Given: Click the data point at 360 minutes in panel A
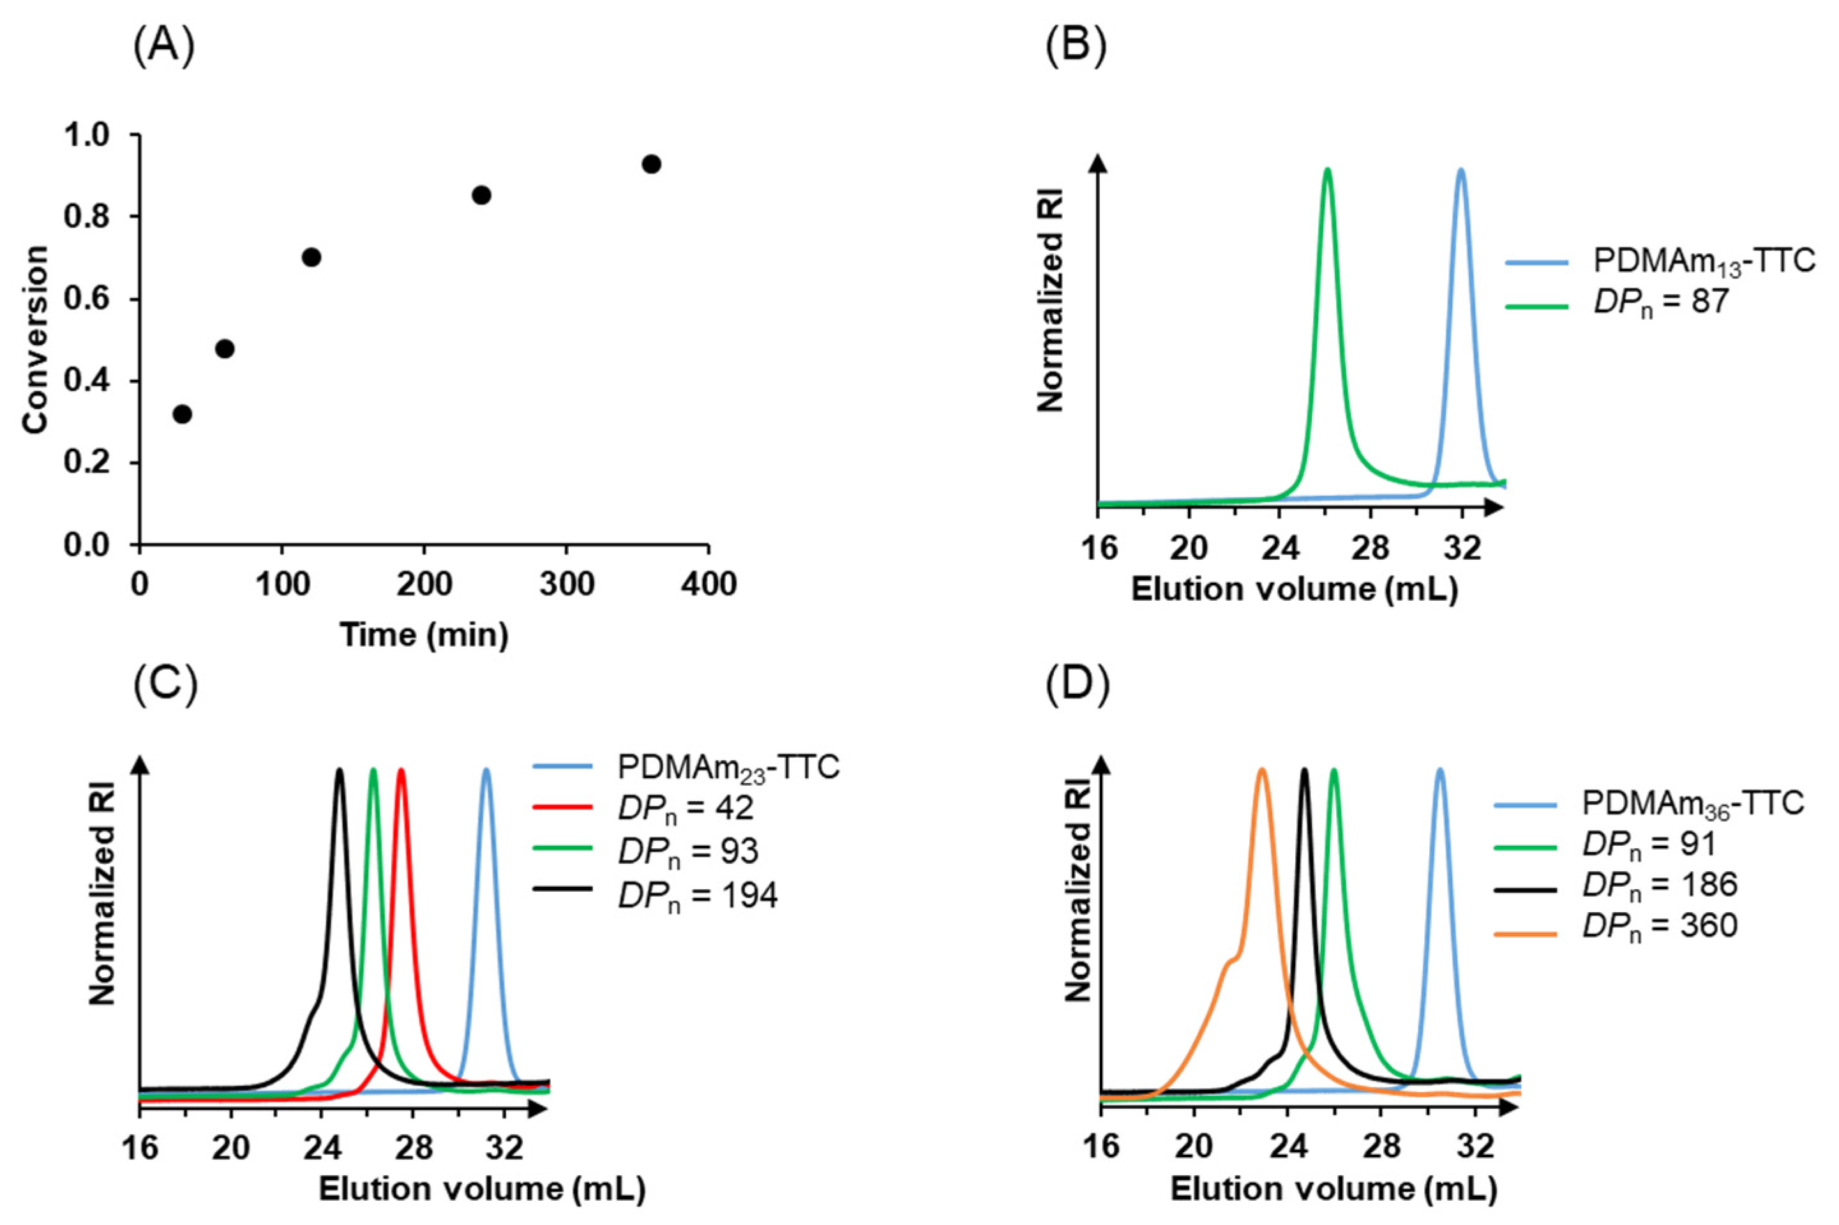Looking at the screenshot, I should pos(650,164).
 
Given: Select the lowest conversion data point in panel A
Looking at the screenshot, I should pos(182,414).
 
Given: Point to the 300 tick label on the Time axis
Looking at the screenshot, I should pos(566,583).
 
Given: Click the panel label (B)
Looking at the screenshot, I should pos(1076,49).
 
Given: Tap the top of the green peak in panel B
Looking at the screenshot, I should pos(1326,170).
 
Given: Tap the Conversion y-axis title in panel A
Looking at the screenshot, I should pos(35,340).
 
